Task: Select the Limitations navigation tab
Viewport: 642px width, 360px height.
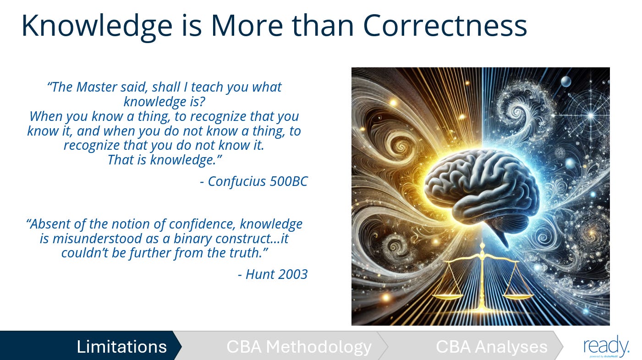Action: click(x=121, y=346)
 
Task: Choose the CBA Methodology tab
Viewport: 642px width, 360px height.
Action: click(x=299, y=346)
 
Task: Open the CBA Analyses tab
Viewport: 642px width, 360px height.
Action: click(x=491, y=346)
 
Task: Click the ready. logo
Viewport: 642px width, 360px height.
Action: click(x=606, y=345)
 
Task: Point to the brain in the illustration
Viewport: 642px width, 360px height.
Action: click(x=481, y=185)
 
